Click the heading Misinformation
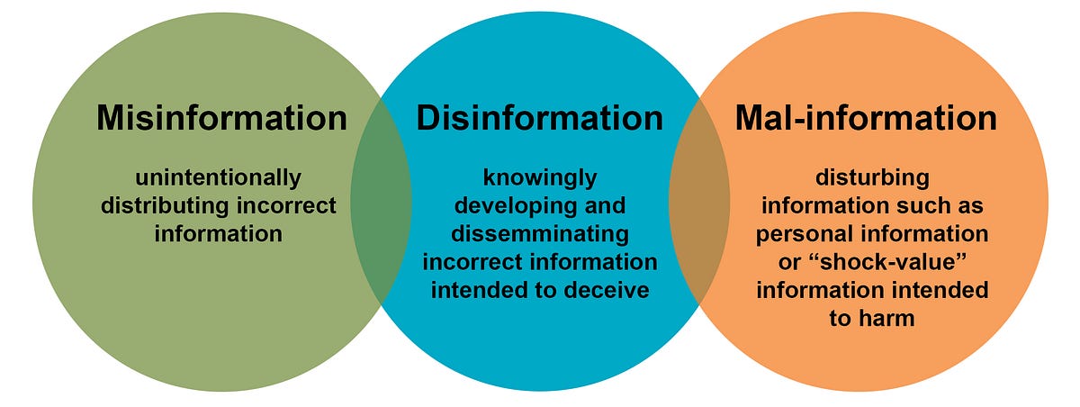(x=221, y=118)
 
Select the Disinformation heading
(x=539, y=118)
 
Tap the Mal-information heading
(x=866, y=118)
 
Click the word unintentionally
(x=218, y=177)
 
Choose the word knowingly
(x=538, y=177)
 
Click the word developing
(x=512, y=205)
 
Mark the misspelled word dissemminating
(x=538, y=234)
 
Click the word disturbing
(x=870, y=177)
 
